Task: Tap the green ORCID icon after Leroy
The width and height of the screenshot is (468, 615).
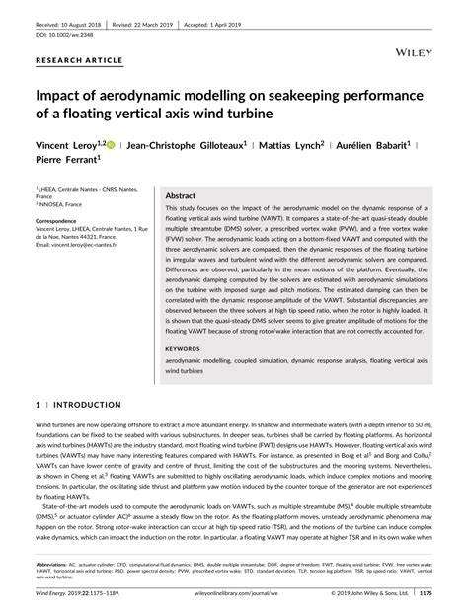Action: pos(123,144)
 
